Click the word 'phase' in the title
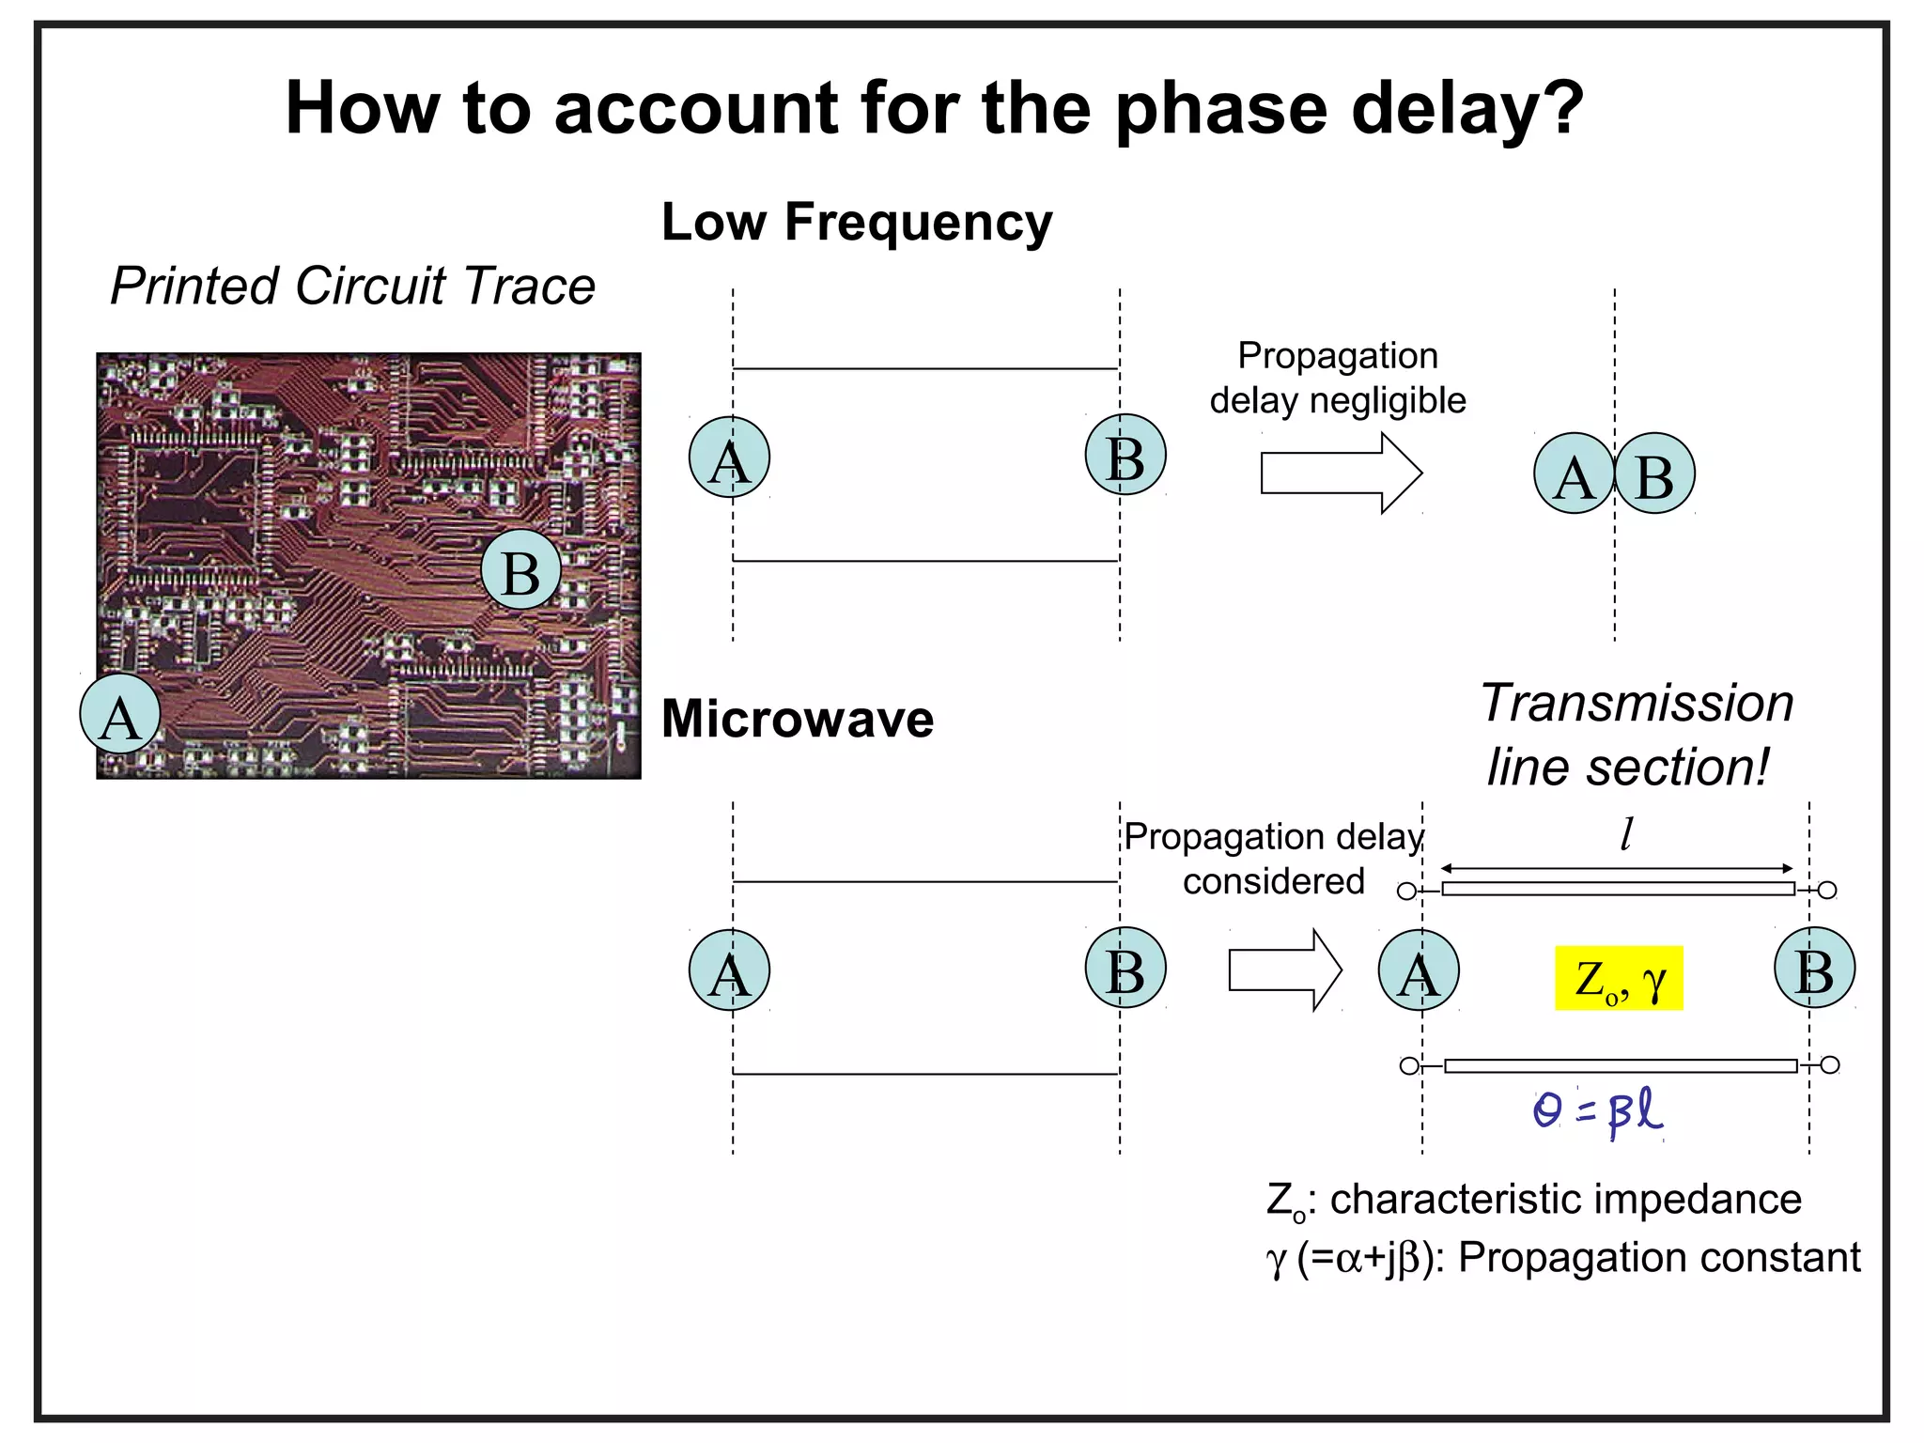coord(1221,109)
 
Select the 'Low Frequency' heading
coord(856,223)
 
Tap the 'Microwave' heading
coord(797,720)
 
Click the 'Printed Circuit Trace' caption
coord(352,286)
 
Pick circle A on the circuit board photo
coord(120,714)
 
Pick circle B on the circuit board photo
coord(521,569)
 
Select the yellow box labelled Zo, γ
coord(1618,978)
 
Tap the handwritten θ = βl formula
coord(1597,1111)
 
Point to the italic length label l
coord(1626,833)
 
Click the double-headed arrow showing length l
coord(1616,868)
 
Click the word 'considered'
coord(1273,881)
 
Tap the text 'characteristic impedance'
coord(1565,1200)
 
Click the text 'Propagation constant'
coord(1658,1258)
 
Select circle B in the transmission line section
coord(1814,969)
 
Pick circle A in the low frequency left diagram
coord(729,458)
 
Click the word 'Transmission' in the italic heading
coord(1637,703)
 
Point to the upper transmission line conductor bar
coord(1618,889)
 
